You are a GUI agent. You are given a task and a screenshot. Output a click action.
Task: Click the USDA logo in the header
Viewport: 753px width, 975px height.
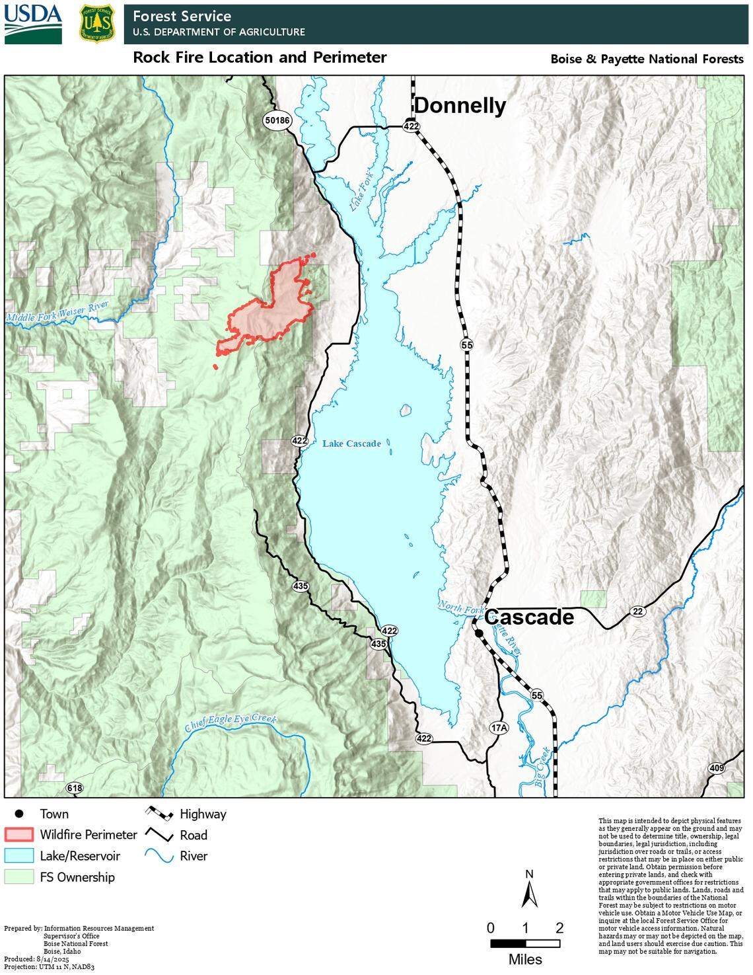(33, 22)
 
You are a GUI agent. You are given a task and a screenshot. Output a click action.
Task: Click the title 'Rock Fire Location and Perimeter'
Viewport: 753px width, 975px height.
(260, 58)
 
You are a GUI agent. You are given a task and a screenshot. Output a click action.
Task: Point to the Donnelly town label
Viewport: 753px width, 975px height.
(460, 106)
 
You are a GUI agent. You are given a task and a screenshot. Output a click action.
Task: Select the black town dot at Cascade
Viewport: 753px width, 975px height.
(479, 633)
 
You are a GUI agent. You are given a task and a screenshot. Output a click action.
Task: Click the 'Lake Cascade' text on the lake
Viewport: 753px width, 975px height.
(351, 444)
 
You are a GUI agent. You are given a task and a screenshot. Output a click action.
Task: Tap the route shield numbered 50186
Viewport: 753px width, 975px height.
(277, 120)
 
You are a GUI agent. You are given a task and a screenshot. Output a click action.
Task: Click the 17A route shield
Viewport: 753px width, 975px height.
(499, 728)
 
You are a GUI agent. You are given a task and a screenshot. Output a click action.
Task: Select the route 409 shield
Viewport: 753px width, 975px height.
(716, 768)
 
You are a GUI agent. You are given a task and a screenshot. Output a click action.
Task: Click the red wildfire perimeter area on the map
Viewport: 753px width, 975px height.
(271, 311)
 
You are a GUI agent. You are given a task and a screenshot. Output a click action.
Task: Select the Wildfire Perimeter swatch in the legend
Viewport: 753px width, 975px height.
(19, 835)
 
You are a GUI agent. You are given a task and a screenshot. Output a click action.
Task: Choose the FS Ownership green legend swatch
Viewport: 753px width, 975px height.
(19, 877)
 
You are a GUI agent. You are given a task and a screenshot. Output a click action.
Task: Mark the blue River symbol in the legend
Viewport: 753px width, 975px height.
(159, 857)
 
